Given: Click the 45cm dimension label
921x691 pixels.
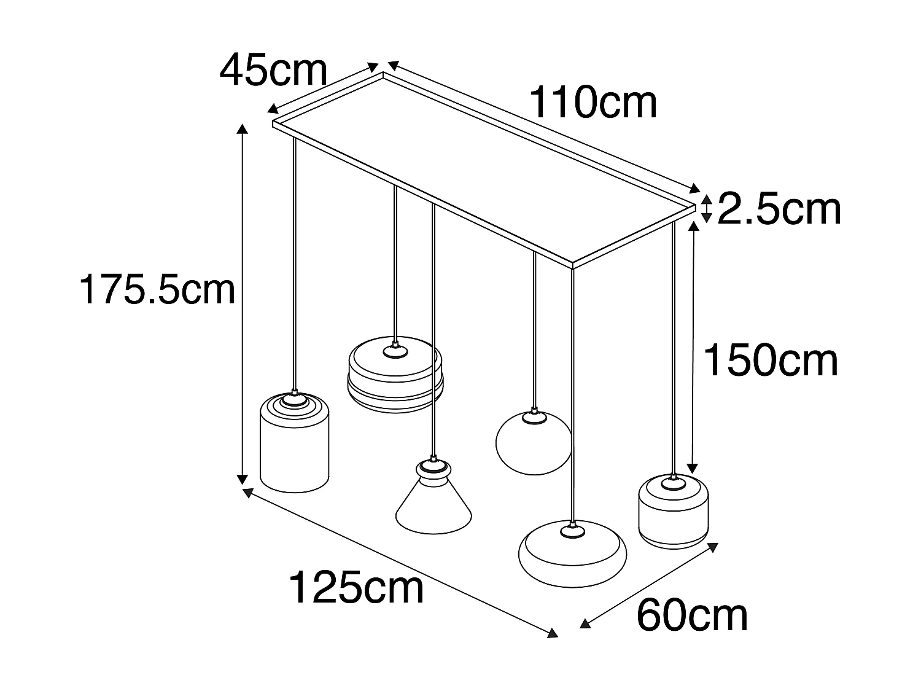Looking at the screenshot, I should pyautogui.click(x=273, y=71).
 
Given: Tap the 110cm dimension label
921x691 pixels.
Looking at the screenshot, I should pyautogui.click(x=593, y=103).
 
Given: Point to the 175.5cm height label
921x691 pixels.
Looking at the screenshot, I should pyautogui.click(x=157, y=289).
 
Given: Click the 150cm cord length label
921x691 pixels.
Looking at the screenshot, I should pyautogui.click(x=770, y=361).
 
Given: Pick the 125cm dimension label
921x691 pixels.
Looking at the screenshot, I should pyautogui.click(x=356, y=588).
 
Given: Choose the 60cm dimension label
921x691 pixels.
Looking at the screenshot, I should pyautogui.click(x=692, y=615).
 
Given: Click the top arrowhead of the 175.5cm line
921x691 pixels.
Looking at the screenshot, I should pyautogui.click(x=243, y=128).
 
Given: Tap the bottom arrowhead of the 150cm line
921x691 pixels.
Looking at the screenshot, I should pyautogui.click(x=693, y=468).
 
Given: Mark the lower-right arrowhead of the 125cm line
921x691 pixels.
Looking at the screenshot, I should pyautogui.click(x=554, y=634).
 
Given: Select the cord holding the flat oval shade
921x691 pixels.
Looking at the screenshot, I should pyautogui.click(x=572, y=393).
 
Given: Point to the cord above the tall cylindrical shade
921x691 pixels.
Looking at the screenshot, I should pyautogui.click(x=295, y=264).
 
